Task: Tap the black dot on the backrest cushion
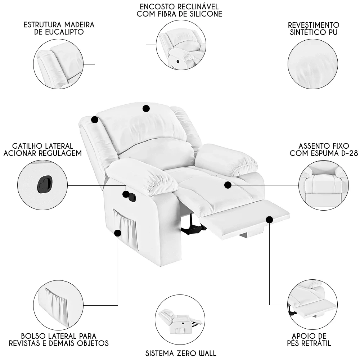point(146,108)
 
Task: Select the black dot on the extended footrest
point(270,219)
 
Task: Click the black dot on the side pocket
point(117,233)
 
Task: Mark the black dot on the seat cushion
point(228,185)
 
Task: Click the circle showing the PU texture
point(312,64)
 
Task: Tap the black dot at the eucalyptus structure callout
point(94,120)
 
